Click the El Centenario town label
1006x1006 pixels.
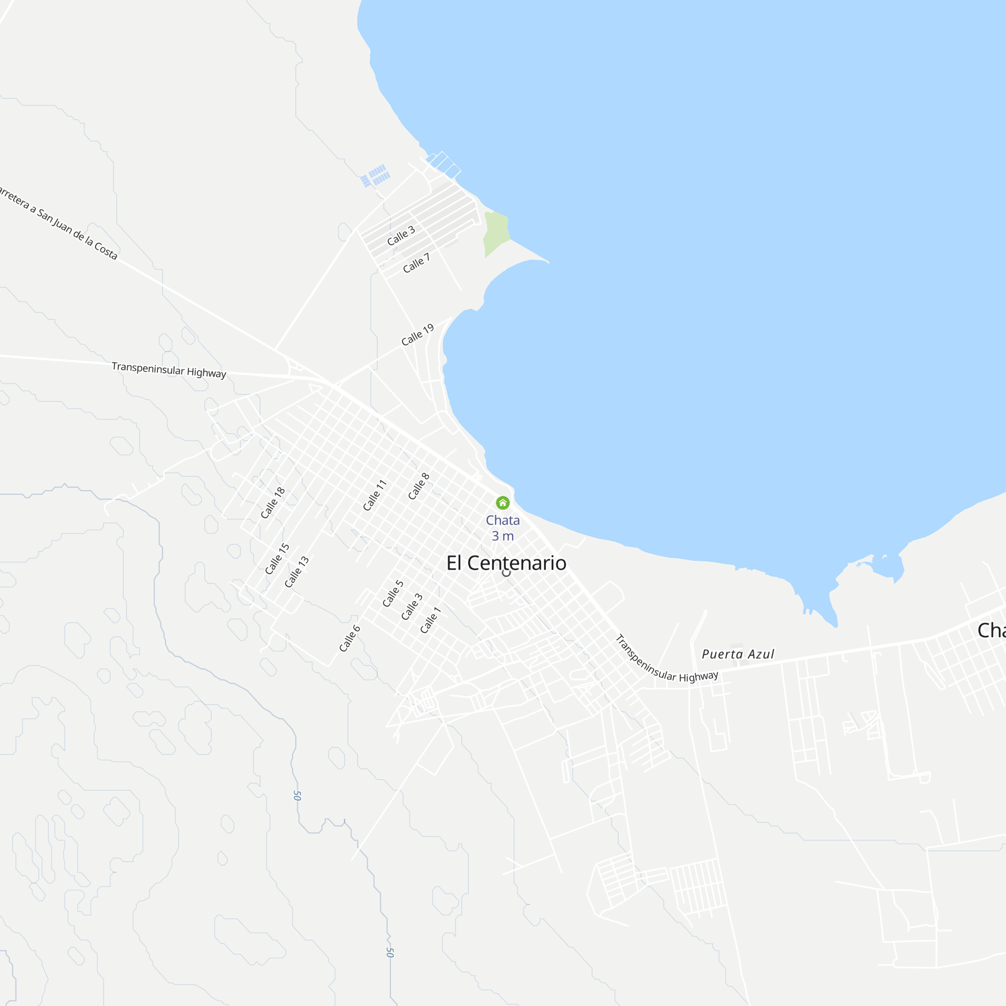click(506, 563)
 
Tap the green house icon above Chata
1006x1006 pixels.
click(502, 502)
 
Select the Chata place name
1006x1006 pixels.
click(502, 520)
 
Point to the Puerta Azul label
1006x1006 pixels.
click(738, 654)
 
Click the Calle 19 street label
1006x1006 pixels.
click(417, 335)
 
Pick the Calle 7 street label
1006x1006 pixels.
click(416, 263)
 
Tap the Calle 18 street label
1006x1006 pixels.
click(273, 502)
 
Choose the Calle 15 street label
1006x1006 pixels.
click(277, 559)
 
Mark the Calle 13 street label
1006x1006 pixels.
click(297, 572)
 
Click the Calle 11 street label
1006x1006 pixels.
click(375, 494)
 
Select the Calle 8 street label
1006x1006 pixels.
click(418, 486)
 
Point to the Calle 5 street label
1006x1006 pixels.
click(393, 594)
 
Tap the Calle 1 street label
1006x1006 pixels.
click(431, 620)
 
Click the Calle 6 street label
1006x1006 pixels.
click(350, 638)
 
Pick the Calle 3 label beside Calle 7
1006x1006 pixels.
click(401, 235)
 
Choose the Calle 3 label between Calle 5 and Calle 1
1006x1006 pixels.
click(412, 607)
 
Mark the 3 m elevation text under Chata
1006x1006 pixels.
click(502, 536)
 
